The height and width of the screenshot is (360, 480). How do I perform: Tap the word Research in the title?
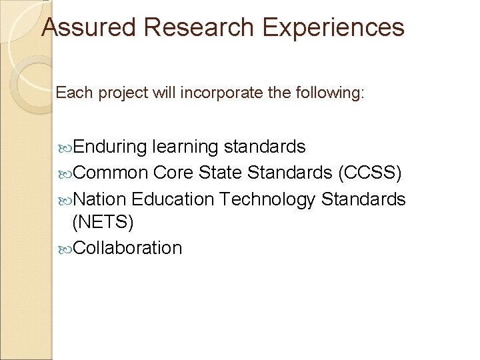(197, 27)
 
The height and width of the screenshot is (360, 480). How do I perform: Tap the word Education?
(172, 199)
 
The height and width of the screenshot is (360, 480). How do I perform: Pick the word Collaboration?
(127, 248)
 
